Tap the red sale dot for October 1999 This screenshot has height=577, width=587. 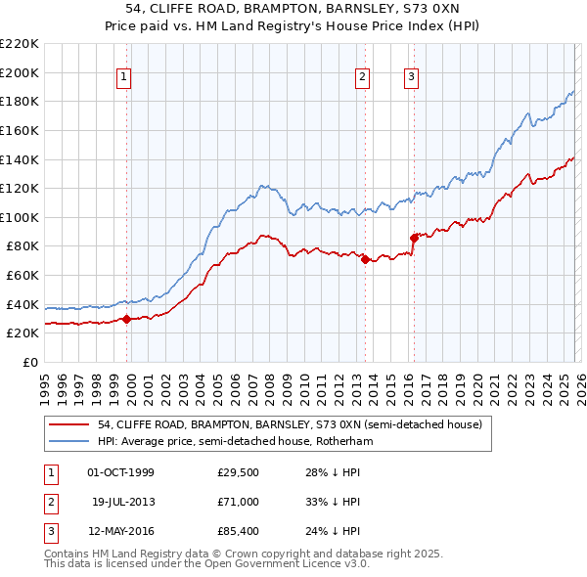tap(126, 319)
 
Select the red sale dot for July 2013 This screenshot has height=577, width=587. tap(364, 259)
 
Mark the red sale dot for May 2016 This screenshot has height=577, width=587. tap(413, 238)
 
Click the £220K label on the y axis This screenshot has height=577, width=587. tap(22, 44)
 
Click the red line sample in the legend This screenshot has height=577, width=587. tap(68, 425)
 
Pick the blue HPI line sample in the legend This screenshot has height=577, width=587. tap(68, 441)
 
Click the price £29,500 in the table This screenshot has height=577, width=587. tap(238, 472)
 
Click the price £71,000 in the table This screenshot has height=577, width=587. tap(238, 502)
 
